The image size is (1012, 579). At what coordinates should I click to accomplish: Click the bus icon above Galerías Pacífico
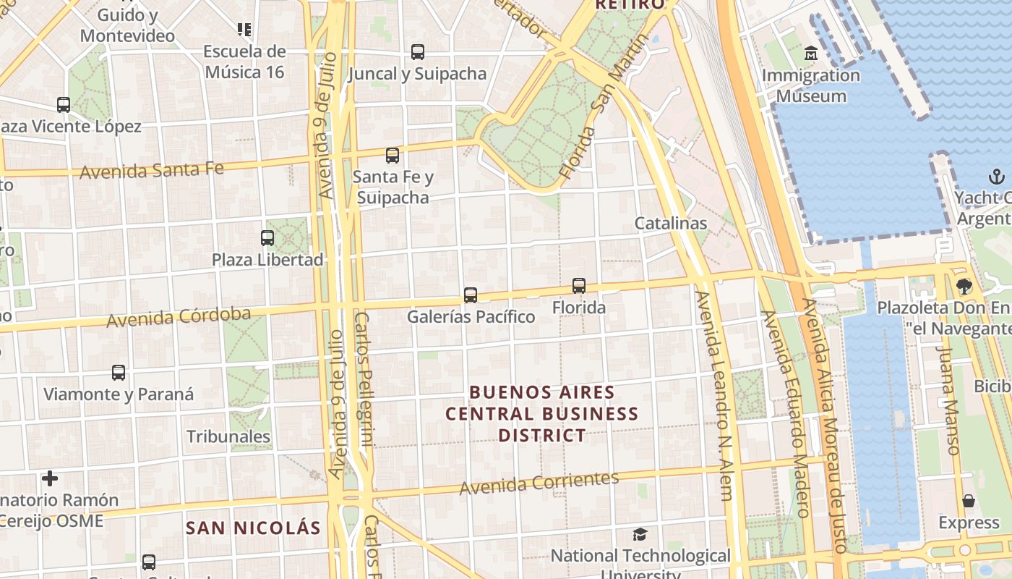471,295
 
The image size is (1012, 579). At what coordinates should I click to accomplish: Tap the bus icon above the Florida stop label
579,286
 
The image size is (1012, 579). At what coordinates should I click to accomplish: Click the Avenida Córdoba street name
179,317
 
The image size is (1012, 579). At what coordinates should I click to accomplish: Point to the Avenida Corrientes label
539,483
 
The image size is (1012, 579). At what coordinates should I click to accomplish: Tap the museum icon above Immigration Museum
811,54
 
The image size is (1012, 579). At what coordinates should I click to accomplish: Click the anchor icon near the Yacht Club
997,177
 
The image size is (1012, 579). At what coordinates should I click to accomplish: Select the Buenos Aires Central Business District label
542,414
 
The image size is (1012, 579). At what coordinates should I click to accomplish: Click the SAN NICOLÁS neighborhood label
253,528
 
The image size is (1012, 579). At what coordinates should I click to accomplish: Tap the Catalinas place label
670,224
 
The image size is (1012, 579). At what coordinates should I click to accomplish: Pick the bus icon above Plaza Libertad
267,237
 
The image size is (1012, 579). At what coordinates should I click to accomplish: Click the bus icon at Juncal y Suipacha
418,52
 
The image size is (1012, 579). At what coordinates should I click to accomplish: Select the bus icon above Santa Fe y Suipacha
393,155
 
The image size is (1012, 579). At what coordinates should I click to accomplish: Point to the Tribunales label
228,436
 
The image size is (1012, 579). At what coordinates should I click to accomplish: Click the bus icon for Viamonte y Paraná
119,373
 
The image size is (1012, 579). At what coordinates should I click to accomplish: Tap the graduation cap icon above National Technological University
640,535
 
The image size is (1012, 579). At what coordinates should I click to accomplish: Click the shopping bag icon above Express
969,501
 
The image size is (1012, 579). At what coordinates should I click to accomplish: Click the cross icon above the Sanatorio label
50,478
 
